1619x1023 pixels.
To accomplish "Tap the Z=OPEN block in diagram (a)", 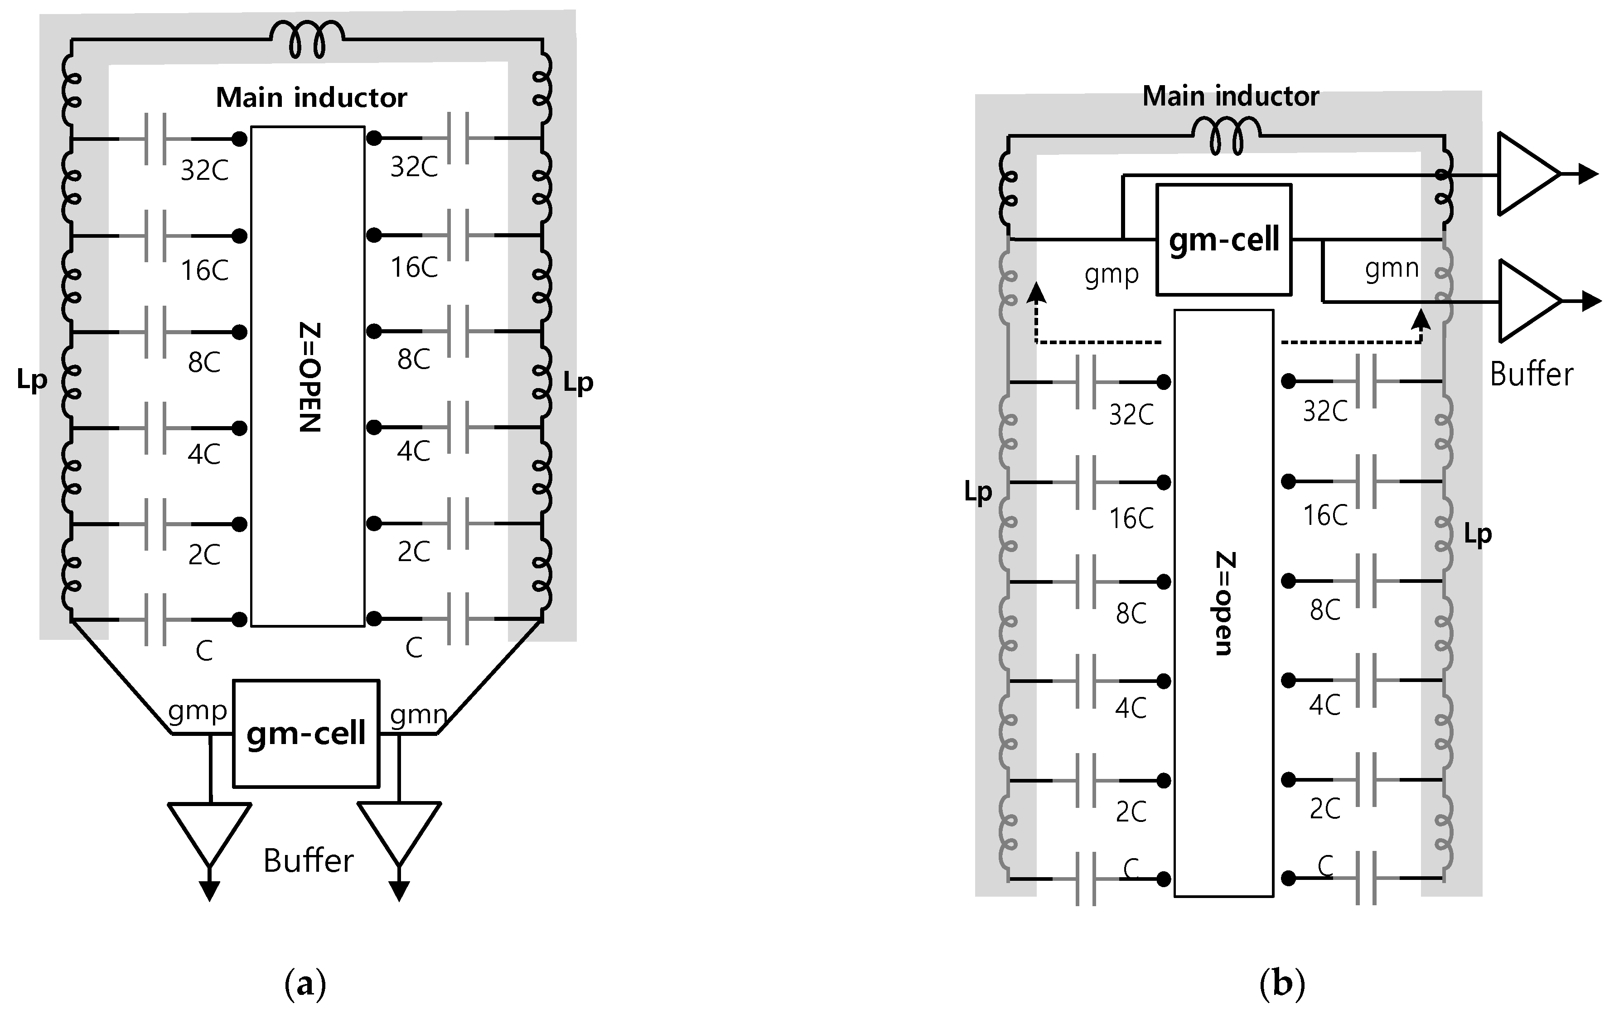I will [x=308, y=376].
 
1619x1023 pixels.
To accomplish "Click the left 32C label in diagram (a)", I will [x=204, y=171].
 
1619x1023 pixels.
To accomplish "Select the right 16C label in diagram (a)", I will [x=414, y=268].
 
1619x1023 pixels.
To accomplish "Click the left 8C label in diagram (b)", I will [x=1131, y=614].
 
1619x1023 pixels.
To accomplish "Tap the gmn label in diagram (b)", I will [x=1391, y=268].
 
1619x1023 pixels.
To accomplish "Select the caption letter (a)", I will [x=305, y=985].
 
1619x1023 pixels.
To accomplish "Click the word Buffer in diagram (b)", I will [x=1531, y=375].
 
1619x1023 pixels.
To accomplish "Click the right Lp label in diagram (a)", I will [x=578, y=383].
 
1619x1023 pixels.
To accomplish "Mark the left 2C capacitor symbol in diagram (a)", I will [x=155, y=524].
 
